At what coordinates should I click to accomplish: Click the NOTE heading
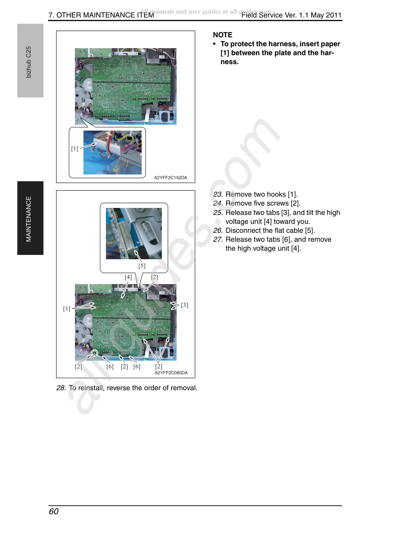click(x=222, y=35)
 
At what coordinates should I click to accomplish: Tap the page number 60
click(x=54, y=511)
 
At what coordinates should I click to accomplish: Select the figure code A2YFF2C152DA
click(x=170, y=178)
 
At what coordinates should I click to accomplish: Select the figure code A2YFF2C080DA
click(x=171, y=373)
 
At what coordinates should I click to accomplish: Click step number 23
click(x=218, y=194)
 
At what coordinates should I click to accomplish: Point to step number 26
click(x=218, y=230)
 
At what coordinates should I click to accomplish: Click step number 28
click(x=61, y=388)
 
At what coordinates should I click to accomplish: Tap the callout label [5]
click(x=142, y=266)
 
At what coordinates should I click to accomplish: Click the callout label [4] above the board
click(x=128, y=277)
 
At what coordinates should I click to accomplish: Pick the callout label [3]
click(x=184, y=305)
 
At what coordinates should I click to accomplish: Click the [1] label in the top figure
click(x=75, y=148)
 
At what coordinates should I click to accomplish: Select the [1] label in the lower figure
click(x=66, y=309)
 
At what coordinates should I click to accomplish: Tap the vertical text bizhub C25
click(x=28, y=62)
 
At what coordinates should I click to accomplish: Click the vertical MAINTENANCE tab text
click(x=28, y=219)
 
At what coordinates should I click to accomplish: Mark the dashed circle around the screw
click(x=94, y=353)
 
